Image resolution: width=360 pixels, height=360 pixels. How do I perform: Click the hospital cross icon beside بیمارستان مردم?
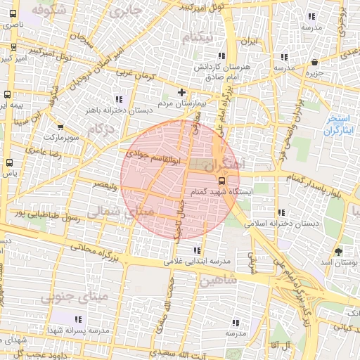(x=182, y=92)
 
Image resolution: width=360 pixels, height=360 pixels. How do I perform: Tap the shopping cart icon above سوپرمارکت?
(x=60, y=127)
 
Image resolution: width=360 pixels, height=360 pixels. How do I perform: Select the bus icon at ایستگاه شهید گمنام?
(x=223, y=179)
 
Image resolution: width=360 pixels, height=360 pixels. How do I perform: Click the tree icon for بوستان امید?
(x=339, y=251)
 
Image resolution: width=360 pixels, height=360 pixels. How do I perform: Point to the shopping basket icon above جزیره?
(x=314, y=62)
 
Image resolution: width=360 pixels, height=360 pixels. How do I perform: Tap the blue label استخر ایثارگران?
(x=342, y=126)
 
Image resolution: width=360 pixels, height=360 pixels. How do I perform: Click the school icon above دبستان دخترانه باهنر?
(x=118, y=98)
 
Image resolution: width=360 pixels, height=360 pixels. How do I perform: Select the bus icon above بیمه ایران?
(x=8, y=94)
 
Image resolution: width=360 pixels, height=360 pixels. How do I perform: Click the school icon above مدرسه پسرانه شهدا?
(x=97, y=321)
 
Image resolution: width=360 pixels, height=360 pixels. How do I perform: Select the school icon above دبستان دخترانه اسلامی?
(x=282, y=212)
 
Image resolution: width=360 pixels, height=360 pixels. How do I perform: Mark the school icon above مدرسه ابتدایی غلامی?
(x=197, y=250)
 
